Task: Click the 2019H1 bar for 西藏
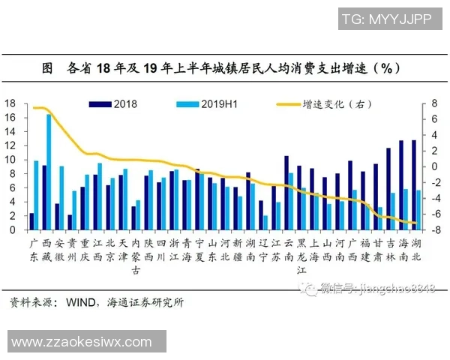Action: click(x=49, y=172)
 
